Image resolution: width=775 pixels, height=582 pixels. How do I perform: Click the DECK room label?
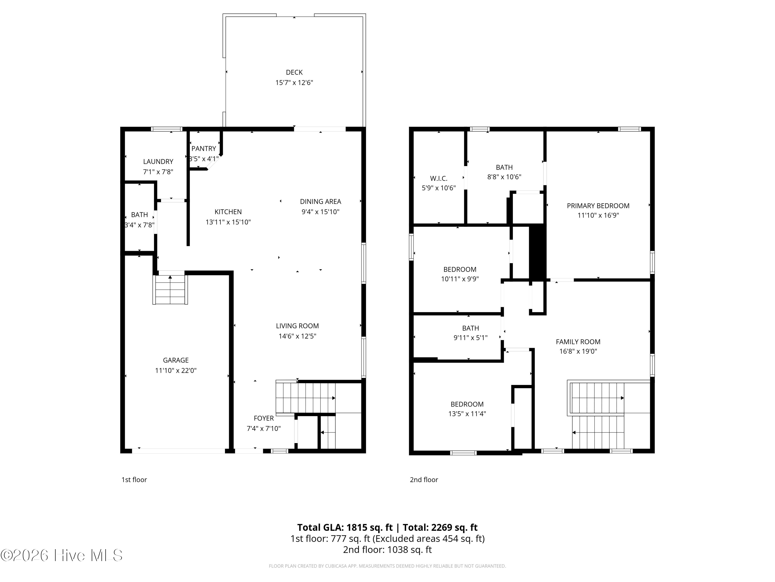[x=294, y=72]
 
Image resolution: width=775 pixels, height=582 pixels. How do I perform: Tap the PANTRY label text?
[x=204, y=149]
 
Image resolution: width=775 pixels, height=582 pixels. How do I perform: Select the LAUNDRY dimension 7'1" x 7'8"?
[x=158, y=172]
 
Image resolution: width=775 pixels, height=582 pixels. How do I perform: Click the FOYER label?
[x=264, y=418]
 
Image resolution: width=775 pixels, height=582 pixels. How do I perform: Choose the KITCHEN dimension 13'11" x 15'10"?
[x=228, y=222]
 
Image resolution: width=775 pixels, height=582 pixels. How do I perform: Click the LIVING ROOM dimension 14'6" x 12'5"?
[x=297, y=336]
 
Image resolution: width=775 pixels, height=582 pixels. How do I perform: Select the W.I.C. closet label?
[x=439, y=178]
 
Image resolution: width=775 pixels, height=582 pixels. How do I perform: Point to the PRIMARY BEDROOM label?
[x=598, y=206]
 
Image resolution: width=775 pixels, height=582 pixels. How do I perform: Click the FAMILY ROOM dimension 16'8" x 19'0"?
[x=578, y=351]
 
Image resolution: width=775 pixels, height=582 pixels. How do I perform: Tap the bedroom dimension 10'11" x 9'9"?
[x=460, y=279]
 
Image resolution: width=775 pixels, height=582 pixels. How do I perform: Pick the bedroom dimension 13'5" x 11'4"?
[x=467, y=414]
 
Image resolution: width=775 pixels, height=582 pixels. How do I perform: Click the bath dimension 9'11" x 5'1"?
[x=470, y=338]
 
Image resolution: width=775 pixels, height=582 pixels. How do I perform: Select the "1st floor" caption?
[x=134, y=480]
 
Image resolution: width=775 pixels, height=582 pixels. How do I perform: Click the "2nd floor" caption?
[x=424, y=480]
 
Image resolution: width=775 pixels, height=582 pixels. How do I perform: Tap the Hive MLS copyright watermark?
[x=62, y=555]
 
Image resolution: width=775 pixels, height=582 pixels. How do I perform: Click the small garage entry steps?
[x=170, y=290]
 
